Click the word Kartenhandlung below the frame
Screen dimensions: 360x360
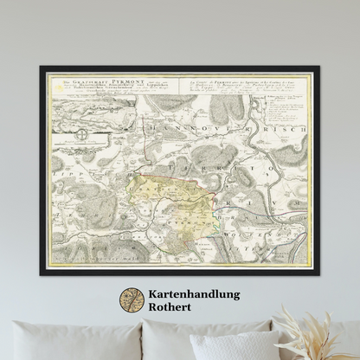coord(192,295)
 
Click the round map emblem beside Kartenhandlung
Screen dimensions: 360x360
coord(132,300)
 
